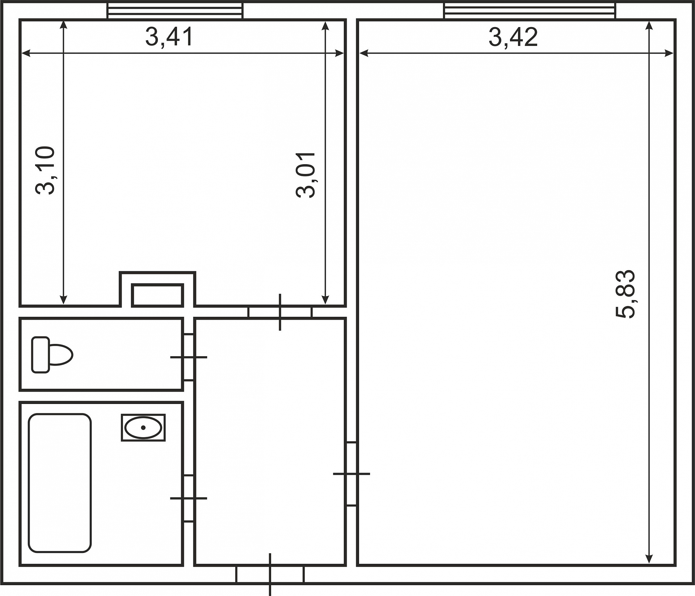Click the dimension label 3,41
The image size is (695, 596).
click(169, 37)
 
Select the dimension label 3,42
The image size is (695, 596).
click(513, 37)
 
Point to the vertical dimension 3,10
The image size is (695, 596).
click(45, 170)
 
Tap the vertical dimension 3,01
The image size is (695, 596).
click(306, 175)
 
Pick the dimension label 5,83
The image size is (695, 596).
click(625, 294)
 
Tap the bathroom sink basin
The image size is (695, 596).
click(143, 427)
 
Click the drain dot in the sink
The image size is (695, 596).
click(143, 428)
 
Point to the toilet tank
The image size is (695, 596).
click(41, 355)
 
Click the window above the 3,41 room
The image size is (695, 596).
click(175, 11)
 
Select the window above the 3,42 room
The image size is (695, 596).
click(530, 11)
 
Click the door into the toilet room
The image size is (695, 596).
click(189, 357)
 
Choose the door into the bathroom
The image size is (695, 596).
click(189, 498)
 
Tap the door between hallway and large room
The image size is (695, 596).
click(351, 474)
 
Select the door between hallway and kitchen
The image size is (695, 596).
click(280, 312)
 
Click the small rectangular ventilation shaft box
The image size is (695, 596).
click(157, 295)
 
